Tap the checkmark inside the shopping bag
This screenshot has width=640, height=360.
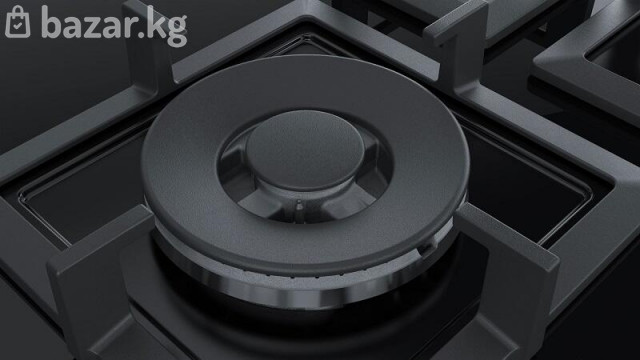18,26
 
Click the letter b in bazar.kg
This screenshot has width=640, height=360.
51,22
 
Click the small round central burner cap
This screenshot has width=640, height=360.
305,150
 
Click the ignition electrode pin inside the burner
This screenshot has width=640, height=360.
299,205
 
